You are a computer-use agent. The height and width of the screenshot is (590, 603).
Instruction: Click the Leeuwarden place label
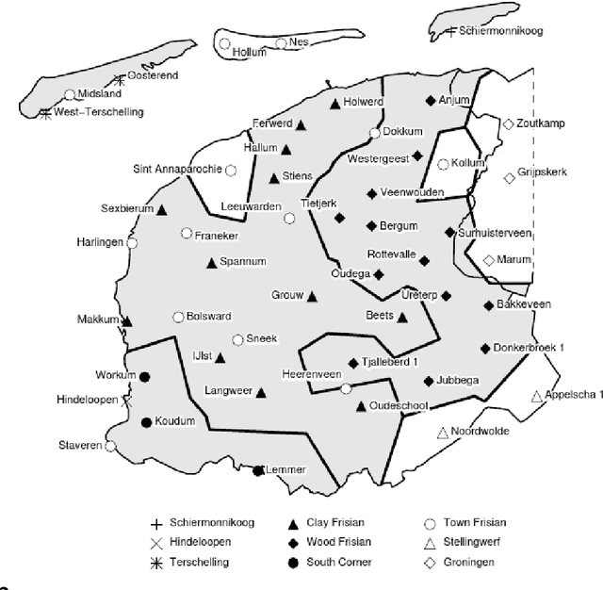pos(250,206)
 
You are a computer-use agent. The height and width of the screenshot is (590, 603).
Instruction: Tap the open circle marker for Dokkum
pos(375,133)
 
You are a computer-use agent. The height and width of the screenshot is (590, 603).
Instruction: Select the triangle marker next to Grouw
pos(312,296)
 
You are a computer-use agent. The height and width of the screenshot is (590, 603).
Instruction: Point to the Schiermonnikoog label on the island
pos(504,31)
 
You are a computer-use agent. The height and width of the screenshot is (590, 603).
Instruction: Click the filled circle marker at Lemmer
pos(258,469)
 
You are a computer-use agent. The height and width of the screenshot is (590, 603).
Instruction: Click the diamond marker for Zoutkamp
pos(508,123)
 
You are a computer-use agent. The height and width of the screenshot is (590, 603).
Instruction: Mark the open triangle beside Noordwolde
pos(442,433)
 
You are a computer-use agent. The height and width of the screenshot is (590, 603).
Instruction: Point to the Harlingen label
pos(100,242)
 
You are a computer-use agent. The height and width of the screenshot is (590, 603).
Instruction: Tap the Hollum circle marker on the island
pos(224,42)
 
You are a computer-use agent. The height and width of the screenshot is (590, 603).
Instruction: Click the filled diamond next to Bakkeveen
pos(488,304)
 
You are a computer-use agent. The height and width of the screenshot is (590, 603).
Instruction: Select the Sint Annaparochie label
pos(177,170)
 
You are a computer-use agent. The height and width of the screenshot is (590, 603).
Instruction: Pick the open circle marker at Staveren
pos(110,446)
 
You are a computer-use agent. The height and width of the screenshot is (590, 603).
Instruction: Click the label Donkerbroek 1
pos(530,348)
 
